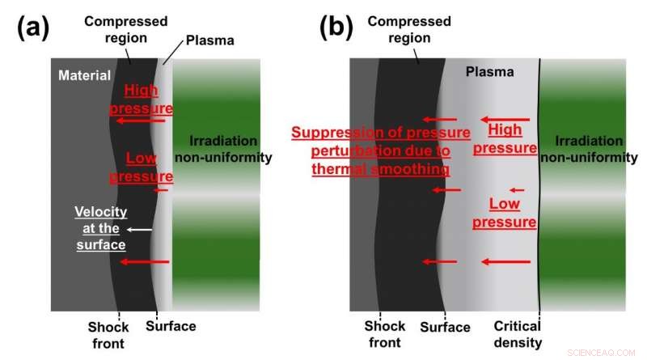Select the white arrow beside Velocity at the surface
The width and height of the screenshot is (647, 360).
click(141, 230)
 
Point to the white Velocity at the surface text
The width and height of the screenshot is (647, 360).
click(99, 228)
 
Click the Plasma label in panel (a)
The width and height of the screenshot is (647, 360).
click(207, 40)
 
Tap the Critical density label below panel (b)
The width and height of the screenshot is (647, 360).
click(518, 335)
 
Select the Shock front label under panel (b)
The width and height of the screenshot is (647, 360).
click(385, 335)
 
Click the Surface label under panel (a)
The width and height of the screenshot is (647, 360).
click(171, 327)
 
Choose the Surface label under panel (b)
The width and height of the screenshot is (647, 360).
click(445, 327)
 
